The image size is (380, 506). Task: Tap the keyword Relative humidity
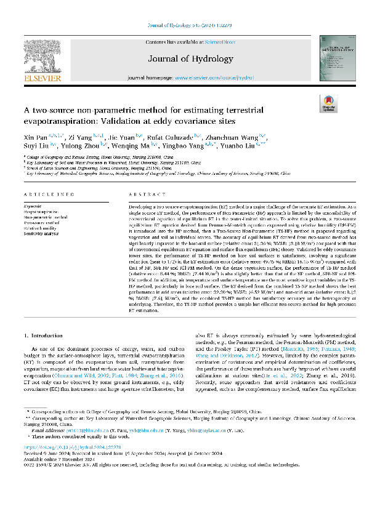point(40,228)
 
